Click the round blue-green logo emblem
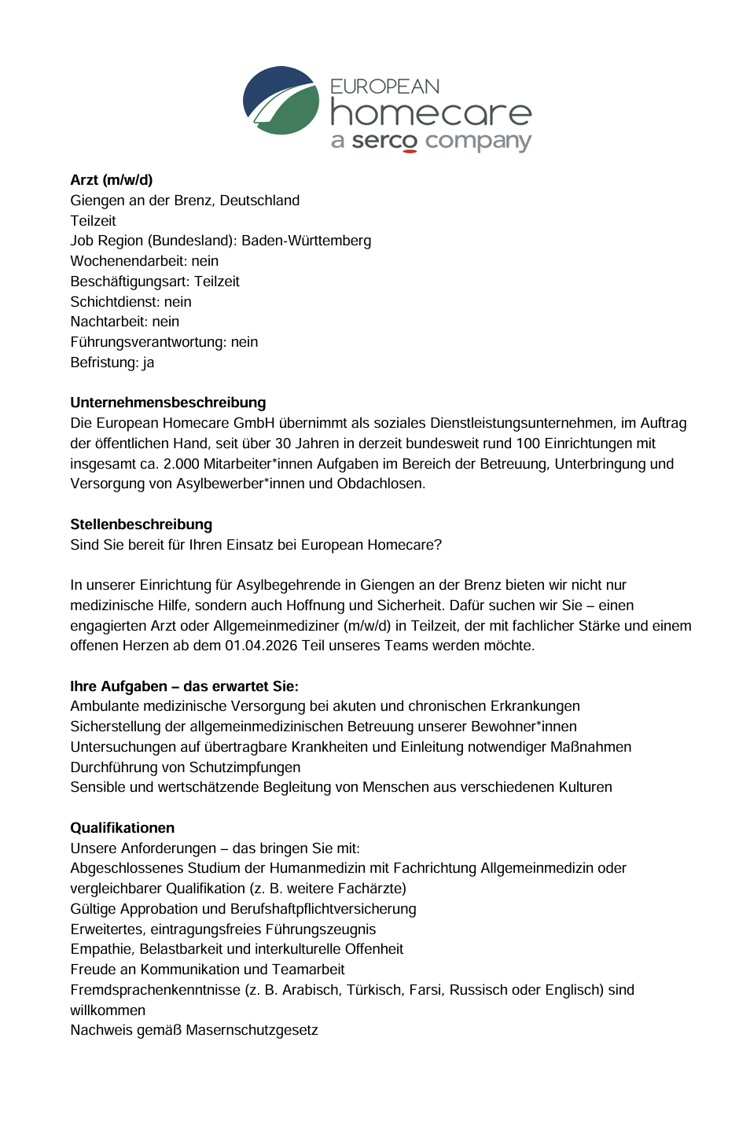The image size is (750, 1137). point(281,101)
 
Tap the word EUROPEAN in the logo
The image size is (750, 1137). point(384,86)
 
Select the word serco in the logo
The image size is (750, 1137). point(384,141)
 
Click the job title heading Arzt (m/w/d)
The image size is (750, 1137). point(112,180)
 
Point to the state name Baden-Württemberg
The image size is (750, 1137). point(306,241)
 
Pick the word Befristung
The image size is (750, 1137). point(104,362)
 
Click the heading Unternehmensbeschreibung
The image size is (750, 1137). point(168,403)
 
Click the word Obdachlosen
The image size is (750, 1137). point(381,484)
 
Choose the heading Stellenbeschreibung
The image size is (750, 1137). point(142,524)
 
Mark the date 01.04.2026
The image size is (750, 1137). point(262,646)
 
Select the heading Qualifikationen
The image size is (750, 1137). point(123,828)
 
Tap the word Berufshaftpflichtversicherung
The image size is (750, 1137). point(323,909)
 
